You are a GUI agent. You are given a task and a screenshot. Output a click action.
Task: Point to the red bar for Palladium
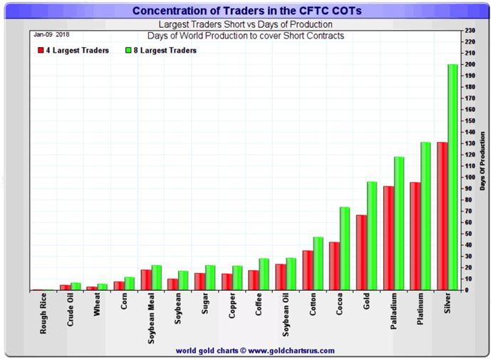point(388,238)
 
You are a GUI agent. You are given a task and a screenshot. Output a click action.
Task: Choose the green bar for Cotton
point(318,263)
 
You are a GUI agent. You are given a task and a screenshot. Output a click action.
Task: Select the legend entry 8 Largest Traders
point(160,51)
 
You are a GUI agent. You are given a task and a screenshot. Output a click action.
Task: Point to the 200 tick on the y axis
point(469,64)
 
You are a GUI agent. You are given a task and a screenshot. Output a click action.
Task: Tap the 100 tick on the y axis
point(469,177)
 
